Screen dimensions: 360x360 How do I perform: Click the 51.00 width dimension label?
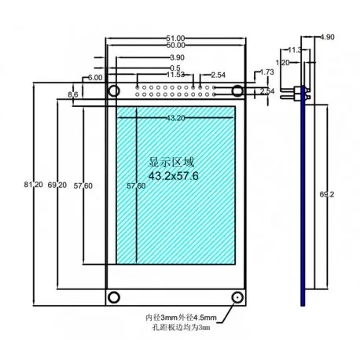point(176,38)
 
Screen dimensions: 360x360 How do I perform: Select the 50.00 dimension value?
point(176,47)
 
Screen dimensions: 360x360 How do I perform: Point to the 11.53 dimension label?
point(176,75)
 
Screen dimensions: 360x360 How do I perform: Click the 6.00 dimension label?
point(95,79)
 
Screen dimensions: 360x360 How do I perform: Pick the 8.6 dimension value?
point(73,95)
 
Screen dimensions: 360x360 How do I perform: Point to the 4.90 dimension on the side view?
point(327,37)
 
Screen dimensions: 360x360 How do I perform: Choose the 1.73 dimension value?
point(266,72)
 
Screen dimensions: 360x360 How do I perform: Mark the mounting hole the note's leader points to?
point(237,297)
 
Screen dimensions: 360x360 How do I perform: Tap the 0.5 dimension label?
point(173,67)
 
